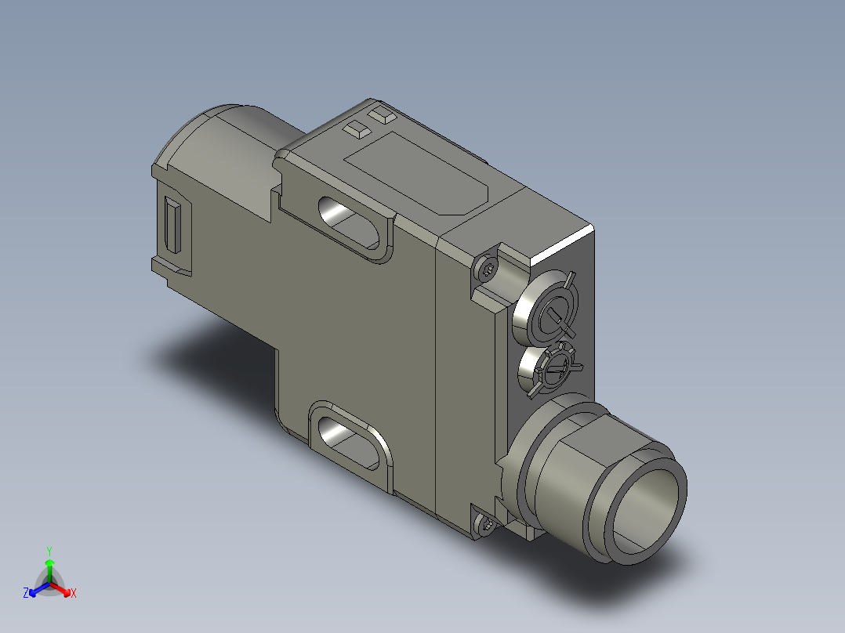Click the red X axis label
(74, 593)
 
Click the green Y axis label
(49, 550)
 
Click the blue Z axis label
(26, 593)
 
